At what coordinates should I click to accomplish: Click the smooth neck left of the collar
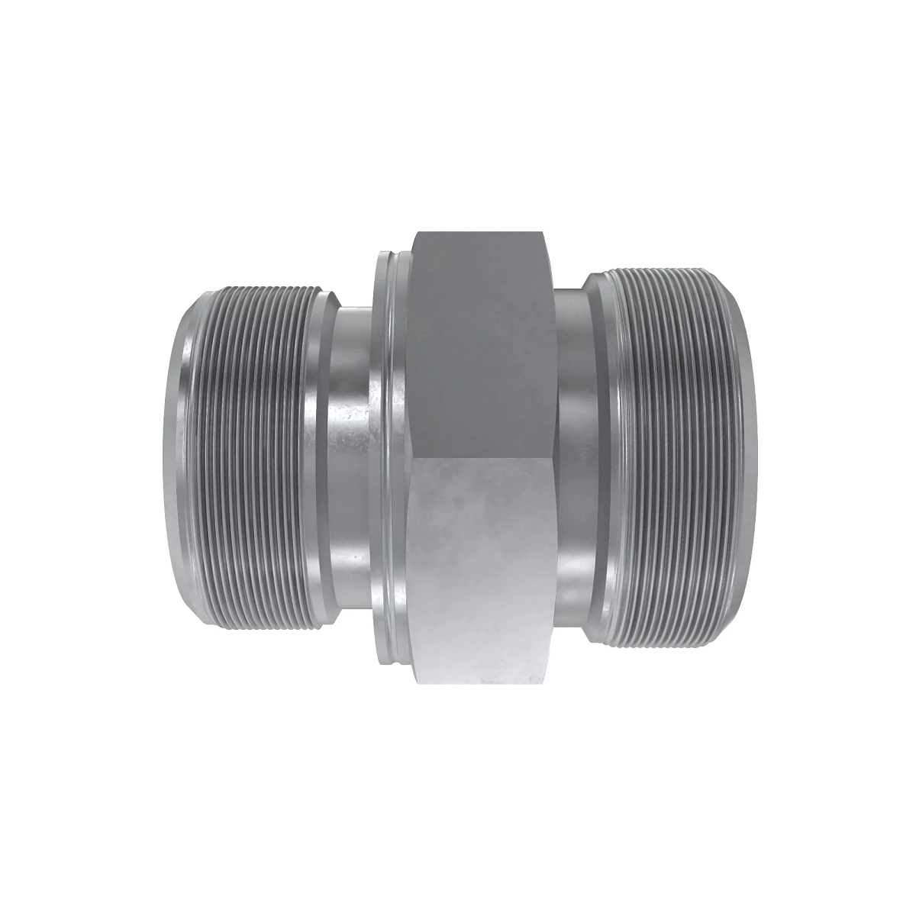point(347,458)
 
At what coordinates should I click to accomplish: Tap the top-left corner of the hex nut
point(413,231)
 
